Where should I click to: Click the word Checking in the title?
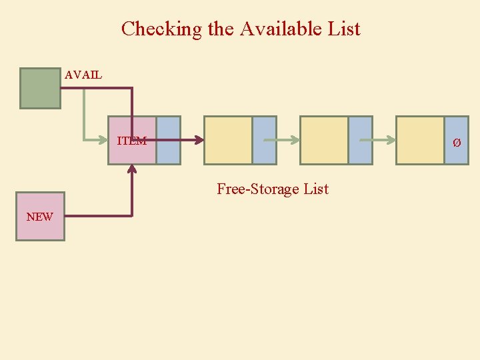coord(153,29)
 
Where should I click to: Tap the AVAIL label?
coord(83,75)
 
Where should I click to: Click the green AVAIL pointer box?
coord(40,88)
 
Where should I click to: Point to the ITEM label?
coord(131,141)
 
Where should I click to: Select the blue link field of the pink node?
coord(169,140)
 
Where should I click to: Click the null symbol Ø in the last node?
coord(457,143)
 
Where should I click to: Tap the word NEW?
coord(39,217)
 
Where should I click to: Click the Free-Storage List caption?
coord(273,189)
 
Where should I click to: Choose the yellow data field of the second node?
coord(228,140)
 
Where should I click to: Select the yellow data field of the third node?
coord(324,140)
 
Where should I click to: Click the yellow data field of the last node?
coord(420,140)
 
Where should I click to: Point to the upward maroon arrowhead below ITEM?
coord(132,169)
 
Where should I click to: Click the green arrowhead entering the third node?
coord(295,141)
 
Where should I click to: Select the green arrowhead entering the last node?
coord(391,141)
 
